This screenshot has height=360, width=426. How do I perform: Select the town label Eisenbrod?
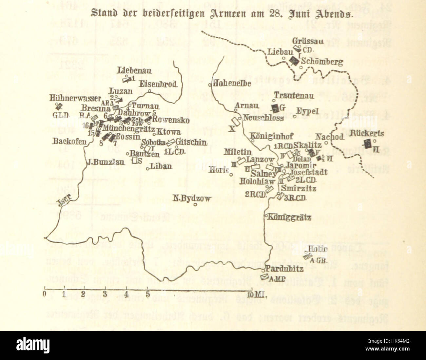[x=159, y=84]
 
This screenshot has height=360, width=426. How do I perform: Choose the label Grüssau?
[x=308, y=42]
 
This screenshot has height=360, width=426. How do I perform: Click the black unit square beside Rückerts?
[x=368, y=143]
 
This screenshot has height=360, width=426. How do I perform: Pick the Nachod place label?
[x=330, y=137]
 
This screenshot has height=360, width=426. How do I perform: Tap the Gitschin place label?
[x=191, y=142]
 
